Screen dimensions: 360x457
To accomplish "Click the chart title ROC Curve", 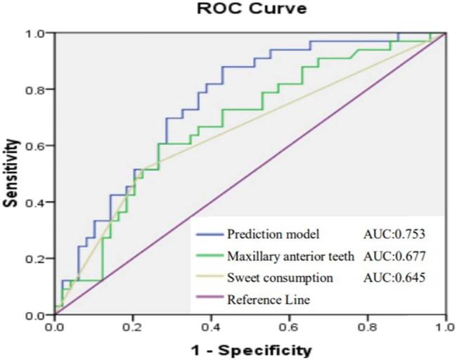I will [x=242, y=11].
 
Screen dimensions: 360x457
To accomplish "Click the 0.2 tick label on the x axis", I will [x=132, y=327].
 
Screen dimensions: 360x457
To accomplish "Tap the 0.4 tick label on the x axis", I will [x=211, y=327].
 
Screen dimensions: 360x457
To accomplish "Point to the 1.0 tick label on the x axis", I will [x=444, y=327].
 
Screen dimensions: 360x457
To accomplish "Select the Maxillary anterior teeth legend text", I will [x=289, y=255].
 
